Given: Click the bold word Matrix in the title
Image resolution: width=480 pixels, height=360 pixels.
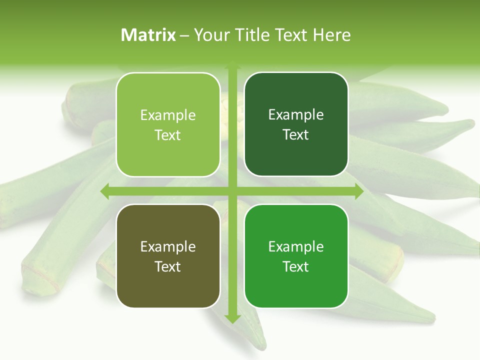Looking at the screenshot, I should click(148, 35).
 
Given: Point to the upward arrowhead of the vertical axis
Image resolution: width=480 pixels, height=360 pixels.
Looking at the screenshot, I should click(232, 66).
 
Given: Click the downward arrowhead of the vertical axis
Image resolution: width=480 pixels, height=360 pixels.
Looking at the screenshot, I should click(232, 318).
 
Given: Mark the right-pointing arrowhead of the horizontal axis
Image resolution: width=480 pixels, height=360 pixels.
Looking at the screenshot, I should click(358, 191).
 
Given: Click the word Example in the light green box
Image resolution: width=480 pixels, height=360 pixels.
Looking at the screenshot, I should click(168, 115).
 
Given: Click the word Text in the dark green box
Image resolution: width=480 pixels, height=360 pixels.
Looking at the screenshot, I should click(296, 135).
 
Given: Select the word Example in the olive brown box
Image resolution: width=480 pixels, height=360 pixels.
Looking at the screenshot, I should click(168, 247).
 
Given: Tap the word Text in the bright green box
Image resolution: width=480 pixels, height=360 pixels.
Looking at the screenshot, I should click(296, 267).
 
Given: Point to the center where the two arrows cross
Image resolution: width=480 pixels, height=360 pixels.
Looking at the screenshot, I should click(232, 191).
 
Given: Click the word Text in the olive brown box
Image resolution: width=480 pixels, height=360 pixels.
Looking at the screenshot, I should click(168, 267).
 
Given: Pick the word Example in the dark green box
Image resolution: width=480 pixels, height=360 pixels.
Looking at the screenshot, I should click(296, 115).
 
